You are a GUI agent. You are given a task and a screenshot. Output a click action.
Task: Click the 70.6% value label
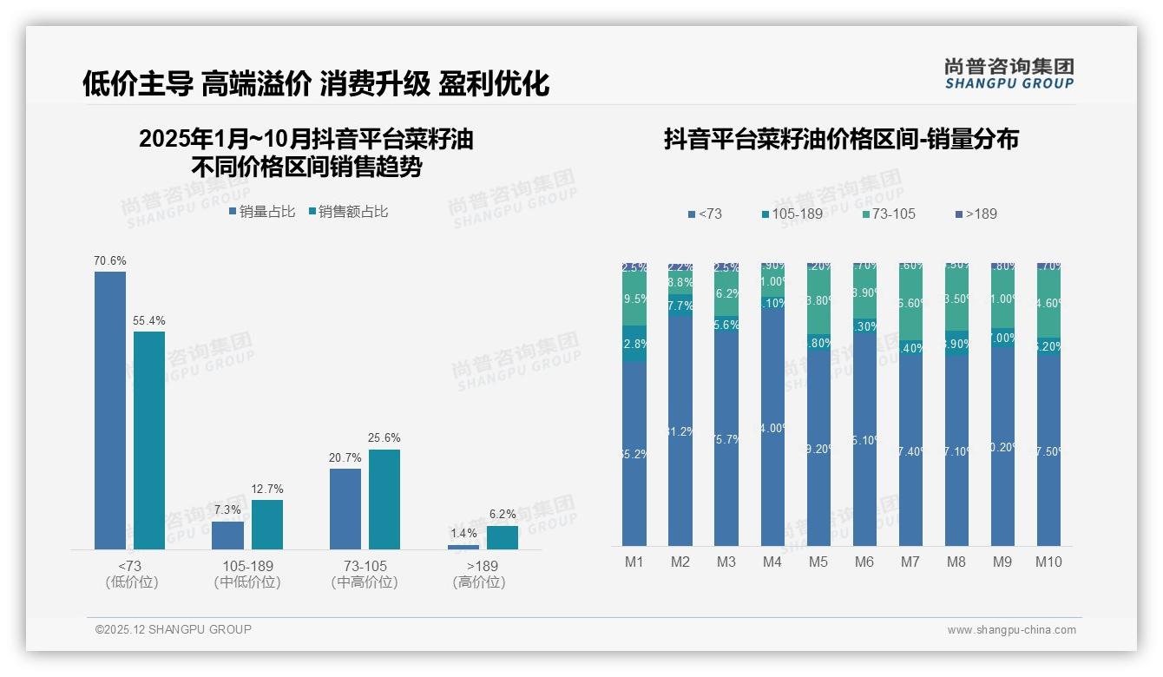pos(110,260)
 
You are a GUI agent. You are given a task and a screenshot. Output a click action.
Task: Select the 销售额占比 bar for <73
pos(149,440)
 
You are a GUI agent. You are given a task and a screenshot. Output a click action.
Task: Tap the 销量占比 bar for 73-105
pos(345,509)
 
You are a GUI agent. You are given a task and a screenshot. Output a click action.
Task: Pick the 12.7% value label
pos(266,489)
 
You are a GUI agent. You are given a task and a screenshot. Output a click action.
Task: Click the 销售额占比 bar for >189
pos(502,537)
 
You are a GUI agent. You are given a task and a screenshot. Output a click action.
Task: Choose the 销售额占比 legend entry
pos(348,212)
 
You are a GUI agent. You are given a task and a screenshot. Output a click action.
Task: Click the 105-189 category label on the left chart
pos(247,566)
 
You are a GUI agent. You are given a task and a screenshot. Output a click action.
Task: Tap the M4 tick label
pos(772,562)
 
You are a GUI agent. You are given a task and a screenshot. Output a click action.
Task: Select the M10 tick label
pos(1048,562)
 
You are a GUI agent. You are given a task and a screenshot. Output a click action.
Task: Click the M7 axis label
pos(910,562)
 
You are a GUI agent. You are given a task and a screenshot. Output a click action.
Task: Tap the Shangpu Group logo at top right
pos(1009,73)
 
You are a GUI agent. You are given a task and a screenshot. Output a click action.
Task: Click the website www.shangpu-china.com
pos(1011,630)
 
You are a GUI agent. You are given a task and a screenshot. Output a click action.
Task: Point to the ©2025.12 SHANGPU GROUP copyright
pos(174,629)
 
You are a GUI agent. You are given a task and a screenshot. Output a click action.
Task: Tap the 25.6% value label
pos(384,438)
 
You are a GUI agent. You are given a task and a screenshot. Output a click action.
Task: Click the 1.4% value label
pos(463,533)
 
